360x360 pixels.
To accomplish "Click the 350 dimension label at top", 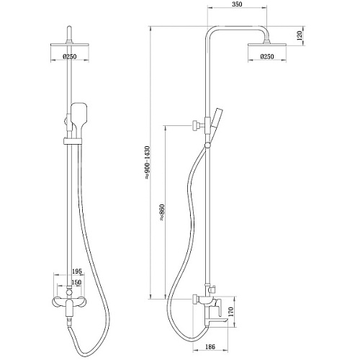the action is point(237,4).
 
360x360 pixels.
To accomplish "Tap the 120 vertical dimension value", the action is point(300,36).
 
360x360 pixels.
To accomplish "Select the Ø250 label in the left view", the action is point(70,57).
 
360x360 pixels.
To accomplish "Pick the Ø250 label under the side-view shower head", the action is point(267,57).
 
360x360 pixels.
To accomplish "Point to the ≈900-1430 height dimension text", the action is point(147,163).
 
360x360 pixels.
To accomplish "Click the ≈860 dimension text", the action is point(162,213).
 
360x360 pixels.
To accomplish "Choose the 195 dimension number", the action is point(77,271).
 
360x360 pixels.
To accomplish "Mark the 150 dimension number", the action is point(76,282).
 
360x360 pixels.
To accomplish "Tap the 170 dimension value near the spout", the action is point(231,312).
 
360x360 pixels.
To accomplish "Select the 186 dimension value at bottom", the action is point(210,346).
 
